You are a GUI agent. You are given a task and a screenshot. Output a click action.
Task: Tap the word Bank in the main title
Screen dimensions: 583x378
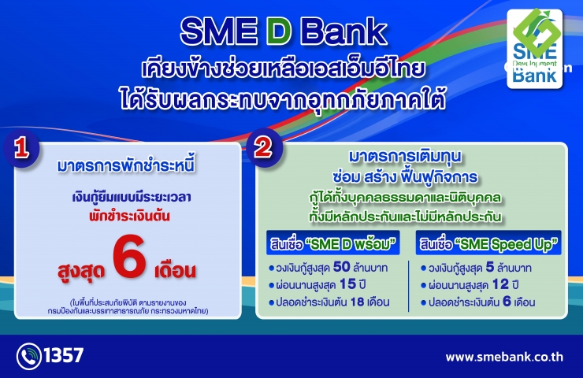coord(344,32)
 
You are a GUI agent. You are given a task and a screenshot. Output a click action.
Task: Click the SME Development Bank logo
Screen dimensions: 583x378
coord(535,49)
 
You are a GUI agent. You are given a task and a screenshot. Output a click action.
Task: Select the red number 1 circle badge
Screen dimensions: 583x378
coord(21,148)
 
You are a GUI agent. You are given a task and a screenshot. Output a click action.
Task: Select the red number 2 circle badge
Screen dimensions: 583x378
coord(264,147)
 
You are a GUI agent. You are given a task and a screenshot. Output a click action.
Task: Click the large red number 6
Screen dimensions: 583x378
coord(129,258)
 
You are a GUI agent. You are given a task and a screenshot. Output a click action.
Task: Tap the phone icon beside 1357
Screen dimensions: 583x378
coord(28,357)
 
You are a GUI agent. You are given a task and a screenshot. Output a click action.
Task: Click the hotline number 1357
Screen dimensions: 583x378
coord(64,355)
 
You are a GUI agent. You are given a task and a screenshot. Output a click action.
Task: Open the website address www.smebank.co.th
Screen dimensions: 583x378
coord(504,358)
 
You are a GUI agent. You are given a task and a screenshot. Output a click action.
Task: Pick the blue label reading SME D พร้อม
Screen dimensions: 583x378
coord(332,243)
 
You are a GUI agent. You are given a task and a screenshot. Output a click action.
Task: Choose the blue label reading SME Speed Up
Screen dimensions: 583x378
coord(488,243)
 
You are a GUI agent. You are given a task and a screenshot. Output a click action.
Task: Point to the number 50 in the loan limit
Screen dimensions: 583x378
coord(341,267)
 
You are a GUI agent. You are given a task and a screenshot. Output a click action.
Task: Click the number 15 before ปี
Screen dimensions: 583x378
coord(347,284)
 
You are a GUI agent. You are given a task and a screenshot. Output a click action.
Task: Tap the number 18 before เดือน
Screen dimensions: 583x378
coord(357,302)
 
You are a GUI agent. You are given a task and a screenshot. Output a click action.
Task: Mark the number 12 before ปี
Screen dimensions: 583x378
coord(500,285)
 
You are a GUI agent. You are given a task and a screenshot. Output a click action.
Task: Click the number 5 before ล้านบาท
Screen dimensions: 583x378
coord(490,267)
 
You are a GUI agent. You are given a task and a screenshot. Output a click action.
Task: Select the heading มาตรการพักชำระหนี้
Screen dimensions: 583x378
coord(126,165)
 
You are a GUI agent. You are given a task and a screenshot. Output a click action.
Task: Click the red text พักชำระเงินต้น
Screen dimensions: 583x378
coord(129,216)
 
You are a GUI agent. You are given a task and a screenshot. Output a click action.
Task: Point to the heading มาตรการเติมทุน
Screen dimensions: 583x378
coord(405,157)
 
